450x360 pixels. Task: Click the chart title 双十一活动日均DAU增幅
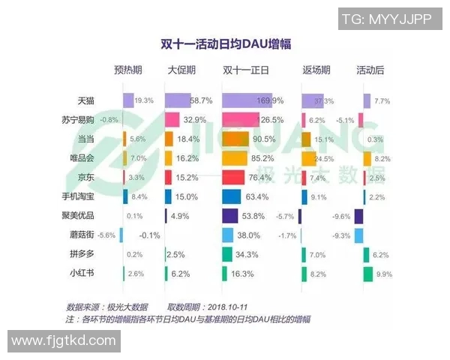pos(224,43)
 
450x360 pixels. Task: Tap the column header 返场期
pos(316,71)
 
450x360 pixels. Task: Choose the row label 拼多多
pos(82,255)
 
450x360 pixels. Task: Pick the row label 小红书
pos(82,274)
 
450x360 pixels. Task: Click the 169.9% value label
pos(269,100)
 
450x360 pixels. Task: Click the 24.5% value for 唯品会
pos(323,159)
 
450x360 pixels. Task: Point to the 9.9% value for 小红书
pos(384,274)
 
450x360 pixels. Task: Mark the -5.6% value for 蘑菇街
pos(107,235)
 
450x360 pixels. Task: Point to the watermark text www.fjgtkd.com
pos(64,340)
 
